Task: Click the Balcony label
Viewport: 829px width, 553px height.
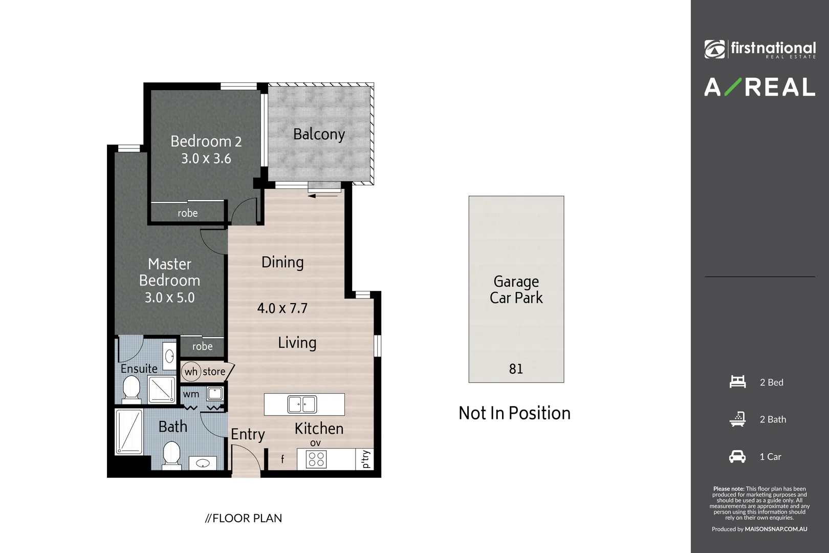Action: [319, 134]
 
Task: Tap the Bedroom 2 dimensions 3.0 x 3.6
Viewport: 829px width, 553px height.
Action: [206, 159]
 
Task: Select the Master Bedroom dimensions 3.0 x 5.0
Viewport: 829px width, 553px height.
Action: [169, 297]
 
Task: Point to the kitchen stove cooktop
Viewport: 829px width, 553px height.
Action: [316, 459]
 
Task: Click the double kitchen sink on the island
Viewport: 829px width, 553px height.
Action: [301, 404]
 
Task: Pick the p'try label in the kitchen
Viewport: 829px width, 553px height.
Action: [365, 459]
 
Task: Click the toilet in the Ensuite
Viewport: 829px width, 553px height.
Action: [132, 389]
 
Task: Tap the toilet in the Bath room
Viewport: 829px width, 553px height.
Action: [171, 455]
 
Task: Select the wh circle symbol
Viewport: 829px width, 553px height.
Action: [191, 372]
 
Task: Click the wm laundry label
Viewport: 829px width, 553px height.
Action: [191, 394]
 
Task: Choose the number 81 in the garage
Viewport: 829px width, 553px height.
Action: [516, 369]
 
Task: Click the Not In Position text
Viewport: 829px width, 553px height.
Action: [514, 413]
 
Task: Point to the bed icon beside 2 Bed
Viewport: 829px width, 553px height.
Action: [737, 382]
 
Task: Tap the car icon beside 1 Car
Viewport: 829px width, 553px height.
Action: [737, 456]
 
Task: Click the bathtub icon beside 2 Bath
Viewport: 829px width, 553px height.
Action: [737, 419]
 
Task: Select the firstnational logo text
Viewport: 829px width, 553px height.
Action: [773, 48]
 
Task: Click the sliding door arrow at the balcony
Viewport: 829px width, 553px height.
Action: [323, 195]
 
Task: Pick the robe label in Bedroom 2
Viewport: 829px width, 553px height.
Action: [187, 213]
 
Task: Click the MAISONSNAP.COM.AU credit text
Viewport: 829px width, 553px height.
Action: [776, 529]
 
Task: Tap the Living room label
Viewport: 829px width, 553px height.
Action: [297, 343]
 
